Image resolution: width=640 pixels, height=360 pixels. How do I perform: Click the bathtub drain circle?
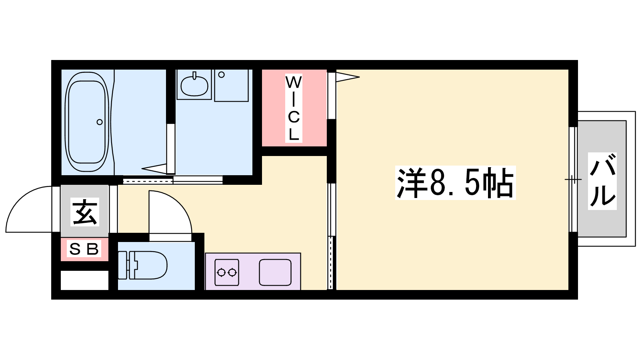point(100,122)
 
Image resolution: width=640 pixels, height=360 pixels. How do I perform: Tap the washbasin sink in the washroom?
point(194,85)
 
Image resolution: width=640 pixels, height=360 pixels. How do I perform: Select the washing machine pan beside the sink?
point(232,85)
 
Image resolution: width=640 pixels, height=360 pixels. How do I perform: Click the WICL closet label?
point(294,108)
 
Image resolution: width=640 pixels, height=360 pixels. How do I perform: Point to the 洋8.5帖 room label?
point(456,183)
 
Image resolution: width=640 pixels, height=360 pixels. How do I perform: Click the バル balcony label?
point(602,181)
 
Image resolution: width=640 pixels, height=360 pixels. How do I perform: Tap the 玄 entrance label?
point(85,212)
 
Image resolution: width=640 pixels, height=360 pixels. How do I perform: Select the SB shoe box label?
point(84,249)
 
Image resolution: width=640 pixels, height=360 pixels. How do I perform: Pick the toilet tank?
point(122,265)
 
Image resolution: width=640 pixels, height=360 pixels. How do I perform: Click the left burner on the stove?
point(221,272)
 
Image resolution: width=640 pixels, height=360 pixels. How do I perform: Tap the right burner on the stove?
point(232,272)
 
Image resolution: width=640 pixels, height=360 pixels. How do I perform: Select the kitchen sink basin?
point(275,272)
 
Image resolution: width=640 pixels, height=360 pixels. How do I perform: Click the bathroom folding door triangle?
point(154,168)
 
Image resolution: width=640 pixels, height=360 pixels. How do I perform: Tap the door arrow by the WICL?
point(348,77)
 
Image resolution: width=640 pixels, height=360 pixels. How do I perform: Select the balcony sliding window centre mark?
point(573,180)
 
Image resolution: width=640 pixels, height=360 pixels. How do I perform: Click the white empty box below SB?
point(84,280)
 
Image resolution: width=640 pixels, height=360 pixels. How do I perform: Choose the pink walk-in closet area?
point(294,108)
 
